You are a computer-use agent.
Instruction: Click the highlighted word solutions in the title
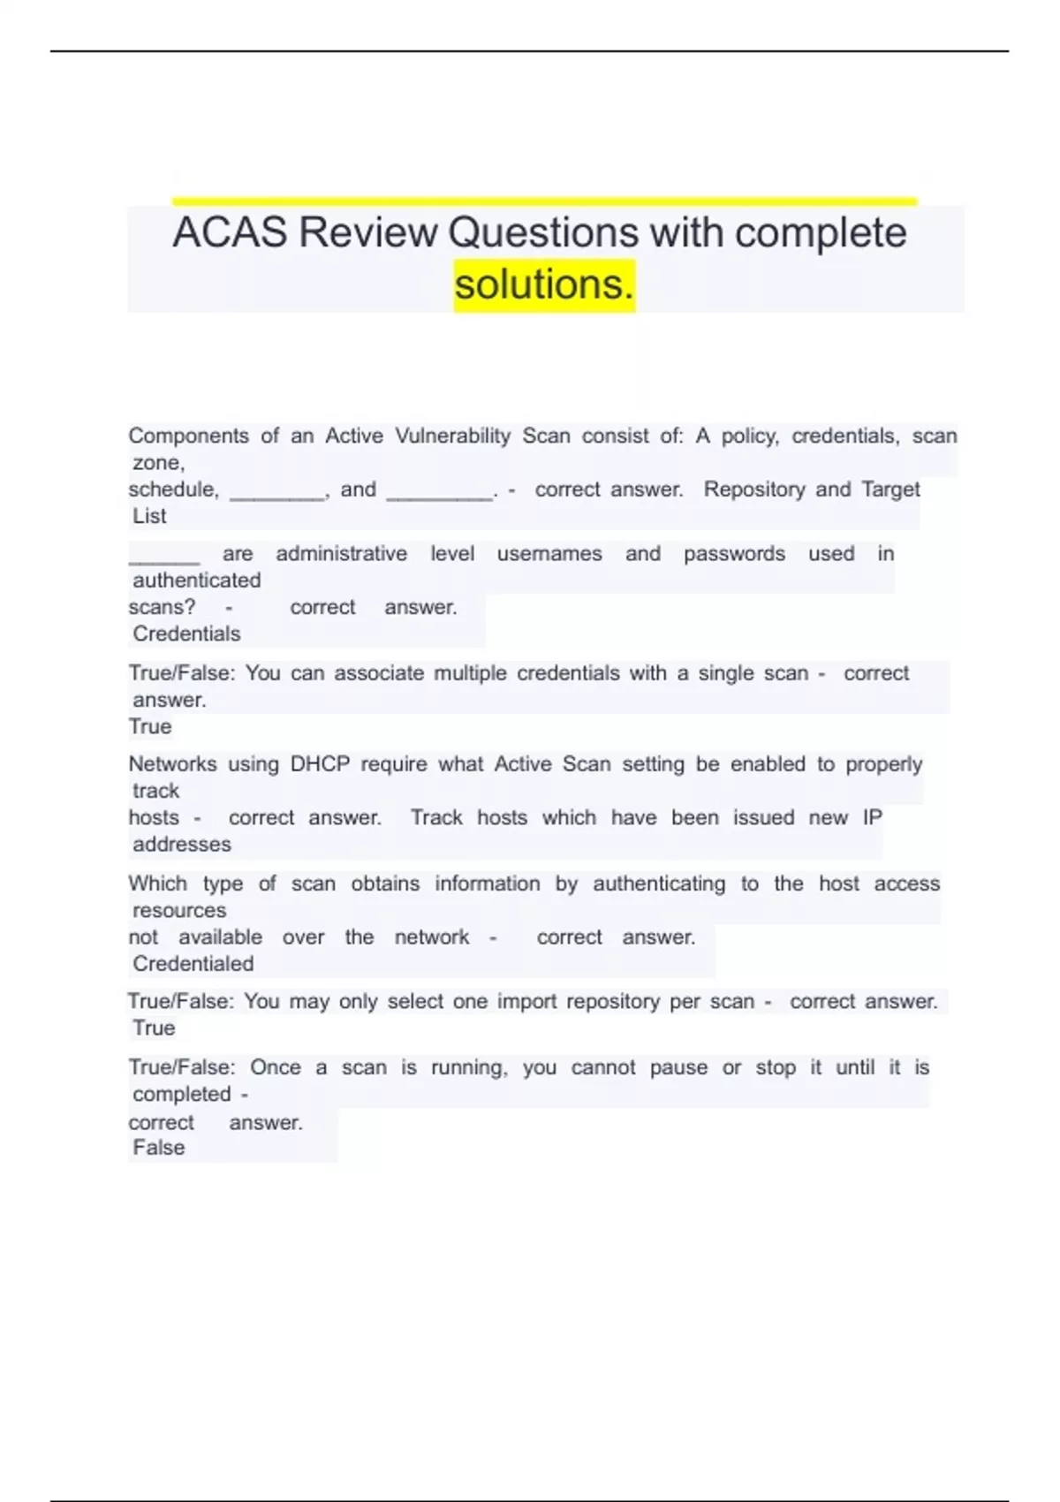point(543,284)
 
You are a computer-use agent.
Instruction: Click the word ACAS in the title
point(230,233)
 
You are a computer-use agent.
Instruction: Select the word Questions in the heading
point(543,233)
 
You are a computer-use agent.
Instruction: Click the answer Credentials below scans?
point(186,633)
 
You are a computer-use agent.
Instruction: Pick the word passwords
point(734,554)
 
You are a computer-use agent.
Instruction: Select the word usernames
point(549,554)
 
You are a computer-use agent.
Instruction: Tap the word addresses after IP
point(182,844)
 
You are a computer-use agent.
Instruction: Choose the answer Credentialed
point(193,963)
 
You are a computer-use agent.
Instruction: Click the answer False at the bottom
point(159,1148)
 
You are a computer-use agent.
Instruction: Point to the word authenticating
point(658,884)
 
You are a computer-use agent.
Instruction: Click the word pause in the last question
point(678,1067)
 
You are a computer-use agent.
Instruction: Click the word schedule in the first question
point(172,489)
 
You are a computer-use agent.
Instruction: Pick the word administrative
point(342,554)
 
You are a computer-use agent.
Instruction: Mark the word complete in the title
point(821,233)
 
